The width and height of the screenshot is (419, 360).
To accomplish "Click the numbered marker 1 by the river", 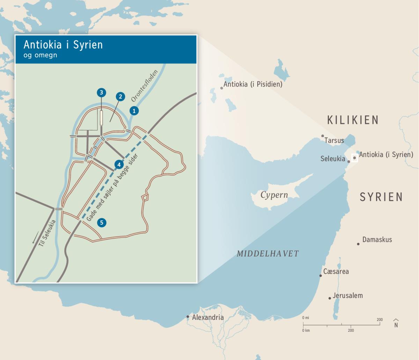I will pos(134,111).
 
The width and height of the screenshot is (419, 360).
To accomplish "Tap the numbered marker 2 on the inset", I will pos(120,97).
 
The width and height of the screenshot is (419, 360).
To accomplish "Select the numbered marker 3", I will pos(101,92).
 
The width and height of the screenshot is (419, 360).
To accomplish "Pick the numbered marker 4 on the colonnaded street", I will pos(119,164).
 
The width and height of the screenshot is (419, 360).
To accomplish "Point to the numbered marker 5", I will pos(102,223).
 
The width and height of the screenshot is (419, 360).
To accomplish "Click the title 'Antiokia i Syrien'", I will pos(63,45).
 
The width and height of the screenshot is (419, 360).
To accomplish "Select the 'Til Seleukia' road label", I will pos(47,234).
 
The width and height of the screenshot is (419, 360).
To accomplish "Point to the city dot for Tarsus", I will pos(323,136).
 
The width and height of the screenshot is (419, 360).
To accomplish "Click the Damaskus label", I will pos(377,240).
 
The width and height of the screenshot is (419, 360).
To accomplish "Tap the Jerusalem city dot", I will pos(330,298).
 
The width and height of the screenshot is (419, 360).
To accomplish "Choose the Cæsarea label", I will pos(336,271).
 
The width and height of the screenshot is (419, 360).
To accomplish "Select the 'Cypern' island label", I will pos(274,195).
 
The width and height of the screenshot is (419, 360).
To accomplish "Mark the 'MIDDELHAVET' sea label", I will pos(268,254).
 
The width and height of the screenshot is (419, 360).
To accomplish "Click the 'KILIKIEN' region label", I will pos(353,120).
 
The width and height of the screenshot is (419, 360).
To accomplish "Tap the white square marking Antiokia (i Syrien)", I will pos(354,158).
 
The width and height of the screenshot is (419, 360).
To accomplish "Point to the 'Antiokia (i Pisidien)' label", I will pos(253,84).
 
